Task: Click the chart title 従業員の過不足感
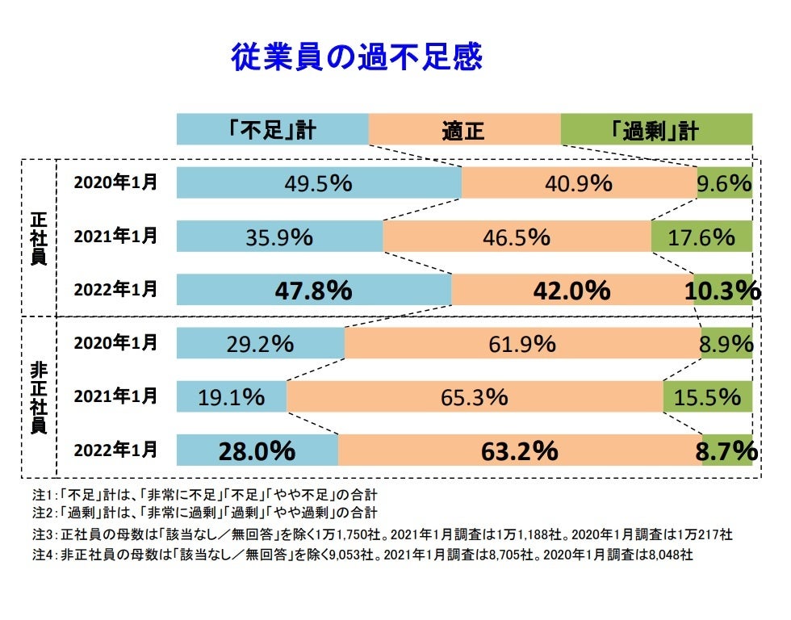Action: click(x=356, y=57)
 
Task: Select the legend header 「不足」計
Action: click(x=272, y=130)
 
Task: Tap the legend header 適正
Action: click(x=463, y=130)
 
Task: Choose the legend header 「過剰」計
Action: click(x=655, y=130)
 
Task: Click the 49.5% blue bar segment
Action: click(x=318, y=182)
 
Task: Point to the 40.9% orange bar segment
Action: click(x=578, y=182)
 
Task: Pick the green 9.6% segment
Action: click(x=725, y=182)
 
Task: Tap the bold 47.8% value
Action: click(x=313, y=290)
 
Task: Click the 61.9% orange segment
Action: click(x=522, y=343)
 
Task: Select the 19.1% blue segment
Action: click(x=232, y=396)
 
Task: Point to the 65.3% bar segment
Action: click(x=474, y=396)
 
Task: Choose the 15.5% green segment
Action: click(x=707, y=396)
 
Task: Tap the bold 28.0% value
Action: click(x=257, y=450)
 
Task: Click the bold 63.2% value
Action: click(x=519, y=450)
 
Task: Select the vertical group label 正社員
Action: click(x=38, y=238)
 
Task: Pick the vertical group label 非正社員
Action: click(x=38, y=397)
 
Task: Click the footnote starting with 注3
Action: click(x=383, y=534)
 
